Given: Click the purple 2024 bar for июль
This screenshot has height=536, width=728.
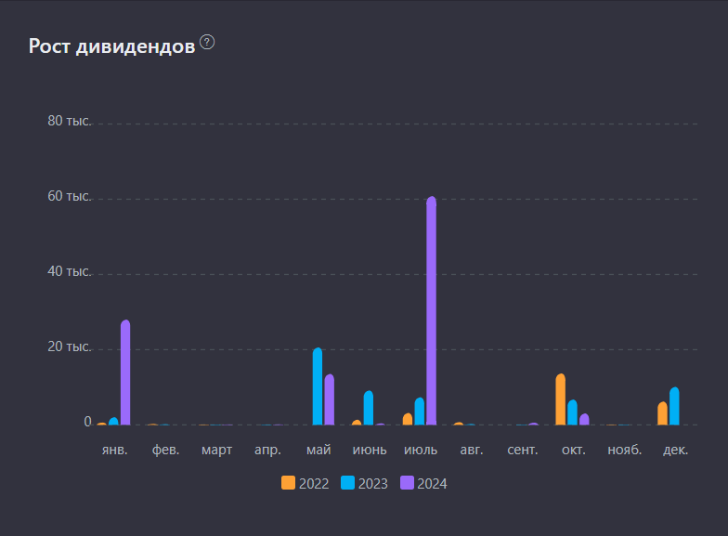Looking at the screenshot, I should tap(431, 311).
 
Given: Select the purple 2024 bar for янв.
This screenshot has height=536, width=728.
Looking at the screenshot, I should tap(125, 373).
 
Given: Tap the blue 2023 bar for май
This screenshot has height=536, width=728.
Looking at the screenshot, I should tap(318, 386).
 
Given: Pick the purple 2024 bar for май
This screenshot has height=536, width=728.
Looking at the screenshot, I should tap(329, 399).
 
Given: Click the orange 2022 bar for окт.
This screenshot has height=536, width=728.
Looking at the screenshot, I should tap(560, 399).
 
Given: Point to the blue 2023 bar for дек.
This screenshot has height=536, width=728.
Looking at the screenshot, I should tap(674, 406).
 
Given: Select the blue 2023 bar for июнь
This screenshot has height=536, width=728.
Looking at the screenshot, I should tap(369, 408).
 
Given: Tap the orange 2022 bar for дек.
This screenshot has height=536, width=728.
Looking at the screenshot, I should tap(662, 413).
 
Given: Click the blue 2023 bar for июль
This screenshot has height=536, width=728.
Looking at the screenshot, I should tap(420, 412).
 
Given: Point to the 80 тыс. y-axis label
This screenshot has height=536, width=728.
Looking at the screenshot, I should tap(70, 122).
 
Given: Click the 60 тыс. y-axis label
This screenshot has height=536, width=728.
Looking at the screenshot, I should tap(70, 197).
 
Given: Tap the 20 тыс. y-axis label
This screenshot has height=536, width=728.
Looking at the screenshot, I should tap(70, 347).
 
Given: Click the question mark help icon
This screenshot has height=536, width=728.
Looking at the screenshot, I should tap(207, 42).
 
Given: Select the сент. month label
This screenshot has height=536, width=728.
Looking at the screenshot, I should tap(523, 451).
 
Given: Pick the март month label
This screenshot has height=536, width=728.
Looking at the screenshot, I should tap(216, 451).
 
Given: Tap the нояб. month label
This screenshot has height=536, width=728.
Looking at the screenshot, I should tap(624, 451).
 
